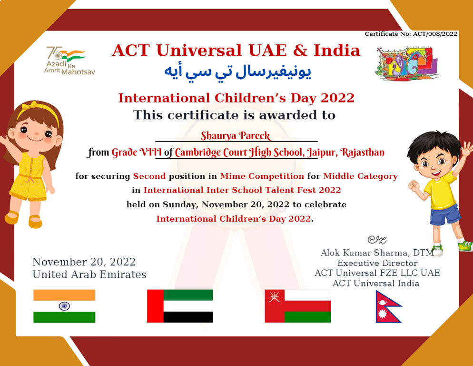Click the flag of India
click(x=64, y=306)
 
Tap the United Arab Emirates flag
click(x=180, y=306)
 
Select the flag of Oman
click(x=298, y=306)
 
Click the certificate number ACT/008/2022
click(x=435, y=34)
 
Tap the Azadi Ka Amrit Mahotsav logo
click(x=69, y=61)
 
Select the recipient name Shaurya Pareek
click(x=236, y=136)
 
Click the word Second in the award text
click(x=149, y=176)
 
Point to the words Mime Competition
click(x=262, y=176)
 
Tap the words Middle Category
click(x=361, y=176)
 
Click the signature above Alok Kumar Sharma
click(x=377, y=240)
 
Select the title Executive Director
click(x=377, y=263)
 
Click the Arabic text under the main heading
click(x=238, y=72)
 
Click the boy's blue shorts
click(x=445, y=214)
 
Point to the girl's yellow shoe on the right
click(x=35, y=222)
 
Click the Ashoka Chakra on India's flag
click(x=64, y=306)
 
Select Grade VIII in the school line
click(x=137, y=152)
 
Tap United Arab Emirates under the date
click(x=89, y=274)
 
